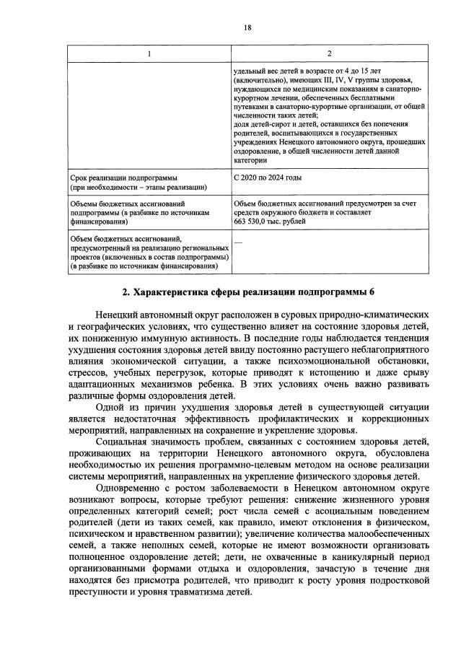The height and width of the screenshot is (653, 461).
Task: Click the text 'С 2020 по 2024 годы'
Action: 268,177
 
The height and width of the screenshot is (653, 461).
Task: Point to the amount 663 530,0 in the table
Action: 254,222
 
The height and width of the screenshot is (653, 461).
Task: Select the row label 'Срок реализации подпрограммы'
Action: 123,177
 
